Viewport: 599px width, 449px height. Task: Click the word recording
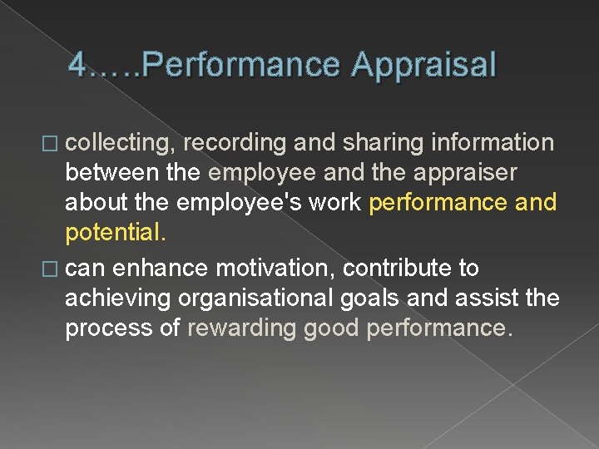(235, 143)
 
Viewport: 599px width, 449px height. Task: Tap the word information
(493, 143)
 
